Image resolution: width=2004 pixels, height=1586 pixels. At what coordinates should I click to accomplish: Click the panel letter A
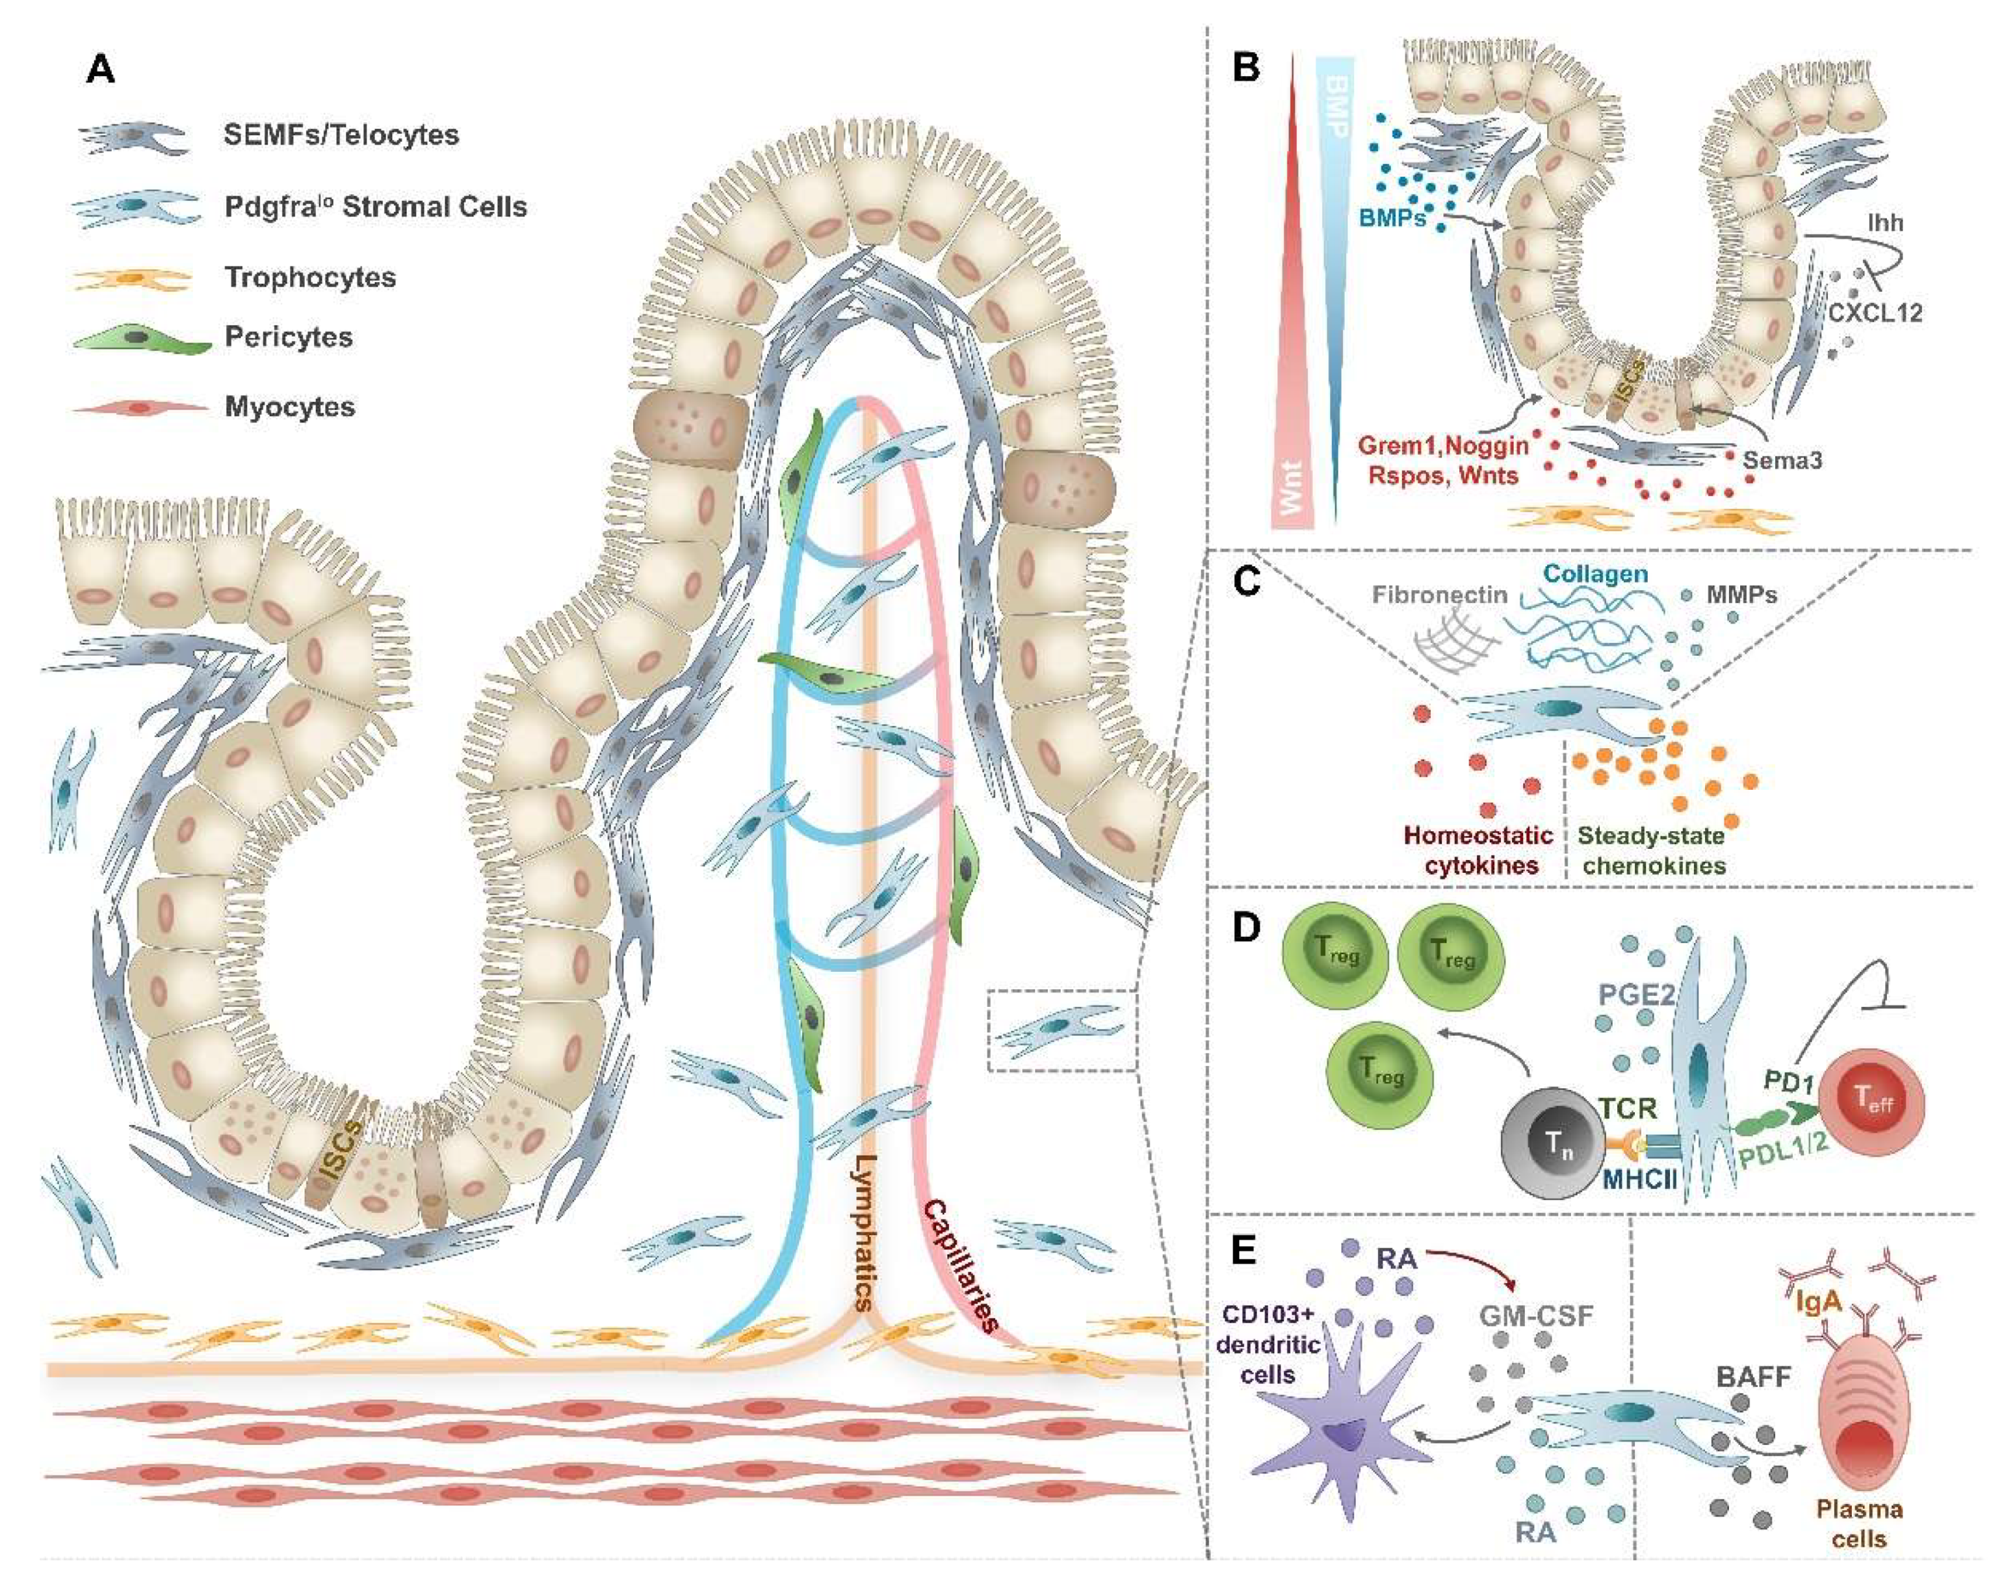click(x=100, y=69)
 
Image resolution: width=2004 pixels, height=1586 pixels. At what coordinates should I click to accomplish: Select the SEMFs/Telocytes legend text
click(x=341, y=135)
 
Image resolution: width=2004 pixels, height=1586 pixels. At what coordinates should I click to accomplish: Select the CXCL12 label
click(x=1874, y=312)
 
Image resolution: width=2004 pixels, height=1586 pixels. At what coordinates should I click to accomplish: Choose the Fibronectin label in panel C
click(x=1439, y=594)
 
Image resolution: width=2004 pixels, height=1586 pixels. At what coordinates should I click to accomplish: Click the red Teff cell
click(x=1870, y=1103)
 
